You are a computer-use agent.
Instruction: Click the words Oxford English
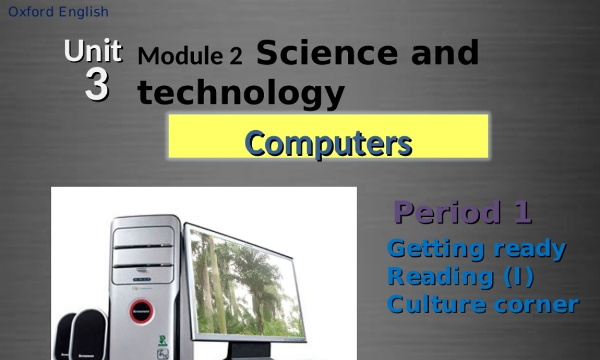click(58, 12)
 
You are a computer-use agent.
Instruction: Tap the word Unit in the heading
click(93, 52)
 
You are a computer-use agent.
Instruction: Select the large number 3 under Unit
click(97, 86)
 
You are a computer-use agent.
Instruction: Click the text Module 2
click(190, 56)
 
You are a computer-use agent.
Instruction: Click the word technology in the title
click(241, 93)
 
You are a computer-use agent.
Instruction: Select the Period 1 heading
click(462, 212)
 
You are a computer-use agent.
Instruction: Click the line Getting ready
click(476, 248)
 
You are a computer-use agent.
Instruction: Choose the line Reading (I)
click(460, 276)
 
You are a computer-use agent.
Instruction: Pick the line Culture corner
click(482, 304)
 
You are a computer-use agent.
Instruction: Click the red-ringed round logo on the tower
click(142, 311)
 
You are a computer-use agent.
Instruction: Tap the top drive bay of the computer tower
click(143, 236)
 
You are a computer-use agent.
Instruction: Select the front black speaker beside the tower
click(89, 336)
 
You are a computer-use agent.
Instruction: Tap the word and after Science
click(445, 53)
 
